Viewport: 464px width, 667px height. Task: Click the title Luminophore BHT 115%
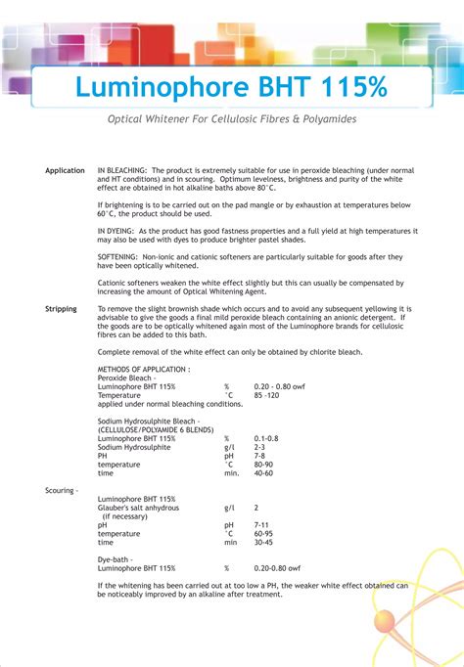231,87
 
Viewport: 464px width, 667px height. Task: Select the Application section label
65,171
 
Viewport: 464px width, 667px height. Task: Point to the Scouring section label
62,490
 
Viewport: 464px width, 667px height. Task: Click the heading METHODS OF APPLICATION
144,370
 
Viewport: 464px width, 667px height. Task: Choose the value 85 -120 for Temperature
267,395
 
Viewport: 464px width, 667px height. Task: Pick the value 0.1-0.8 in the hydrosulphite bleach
266,438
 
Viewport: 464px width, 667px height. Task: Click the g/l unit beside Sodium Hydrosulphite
229,447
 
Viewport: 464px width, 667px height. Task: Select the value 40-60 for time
263,473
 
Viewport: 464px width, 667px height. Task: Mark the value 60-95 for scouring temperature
262,534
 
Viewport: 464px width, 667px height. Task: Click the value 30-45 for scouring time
262,543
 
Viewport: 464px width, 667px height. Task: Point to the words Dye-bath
116,559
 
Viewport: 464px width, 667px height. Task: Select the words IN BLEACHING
122,171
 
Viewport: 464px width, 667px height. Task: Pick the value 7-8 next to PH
258,456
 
